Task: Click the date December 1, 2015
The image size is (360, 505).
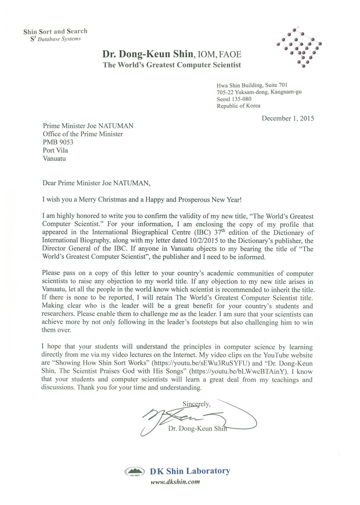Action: [288, 117]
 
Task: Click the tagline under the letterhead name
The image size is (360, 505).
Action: [172, 65]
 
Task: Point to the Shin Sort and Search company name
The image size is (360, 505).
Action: [55, 31]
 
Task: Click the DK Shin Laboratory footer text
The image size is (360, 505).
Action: [189, 471]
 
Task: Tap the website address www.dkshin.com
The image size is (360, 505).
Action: [174, 482]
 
